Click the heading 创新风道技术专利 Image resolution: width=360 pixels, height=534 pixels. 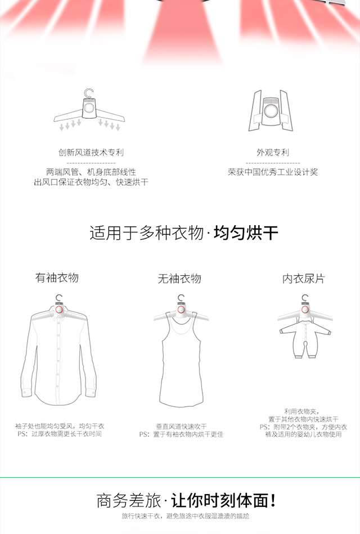pyautogui.click(x=91, y=152)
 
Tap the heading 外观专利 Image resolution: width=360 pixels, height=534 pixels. pyautogui.click(x=273, y=152)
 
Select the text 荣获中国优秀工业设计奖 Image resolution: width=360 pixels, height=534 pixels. pyautogui.click(x=273, y=172)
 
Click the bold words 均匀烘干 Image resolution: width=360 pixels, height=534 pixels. pyautogui.click(x=246, y=234)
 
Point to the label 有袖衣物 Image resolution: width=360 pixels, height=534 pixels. pyautogui.click(x=57, y=277)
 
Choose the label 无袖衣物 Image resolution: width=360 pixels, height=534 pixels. pyautogui.click(x=179, y=279)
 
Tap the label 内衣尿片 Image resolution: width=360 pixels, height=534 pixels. pyautogui.click(x=304, y=279)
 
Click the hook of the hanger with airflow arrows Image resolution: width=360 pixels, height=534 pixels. pyautogui.click(x=89, y=93)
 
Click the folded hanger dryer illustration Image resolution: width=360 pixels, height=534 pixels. pyautogui.click(x=271, y=111)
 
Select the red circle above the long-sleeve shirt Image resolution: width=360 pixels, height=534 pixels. pyautogui.click(x=59, y=309)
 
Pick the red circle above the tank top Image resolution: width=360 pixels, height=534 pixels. pyautogui.click(x=181, y=309)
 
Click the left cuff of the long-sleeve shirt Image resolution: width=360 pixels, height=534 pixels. pyautogui.click(x=27, y=392)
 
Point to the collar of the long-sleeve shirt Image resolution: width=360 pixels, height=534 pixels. pyautogui.click(x=59, y=316)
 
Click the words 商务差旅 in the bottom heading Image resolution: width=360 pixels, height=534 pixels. pyautogui.click(x=129, y=501)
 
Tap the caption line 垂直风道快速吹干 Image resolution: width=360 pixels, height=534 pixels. pyautogui.click(x=181, y=427)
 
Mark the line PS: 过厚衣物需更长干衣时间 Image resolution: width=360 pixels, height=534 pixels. pyautogui.click(x=60, y=434)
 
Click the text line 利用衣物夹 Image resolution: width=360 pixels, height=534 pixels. pyautogui.click(x=303, y=412)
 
